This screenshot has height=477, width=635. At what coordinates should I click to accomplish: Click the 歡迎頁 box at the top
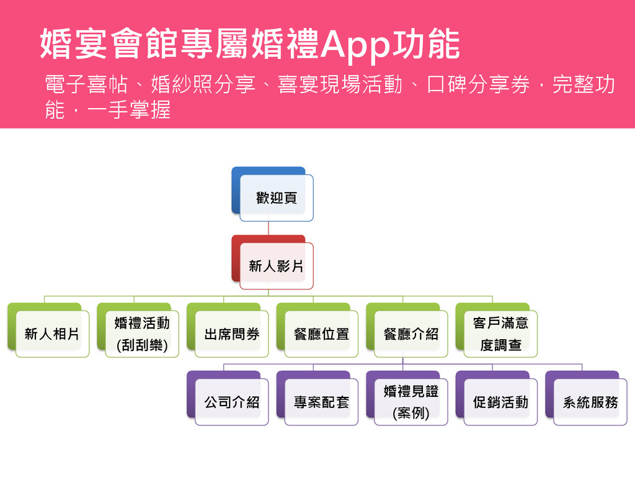[x=277, y=198]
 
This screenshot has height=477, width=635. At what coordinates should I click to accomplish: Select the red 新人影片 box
[x=277, y=266]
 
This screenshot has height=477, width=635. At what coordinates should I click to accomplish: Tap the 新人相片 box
[x=52, y=334]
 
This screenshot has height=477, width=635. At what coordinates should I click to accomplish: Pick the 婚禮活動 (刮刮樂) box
[x=142, y=334]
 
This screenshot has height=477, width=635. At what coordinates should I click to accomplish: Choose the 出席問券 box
[x=232, y=334]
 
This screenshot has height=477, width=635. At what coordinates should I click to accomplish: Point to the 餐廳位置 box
[x=321, y=334]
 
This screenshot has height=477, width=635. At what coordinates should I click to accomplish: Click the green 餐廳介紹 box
[x=411, y=334]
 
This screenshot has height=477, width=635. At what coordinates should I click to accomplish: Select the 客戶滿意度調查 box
[x=500, y=334]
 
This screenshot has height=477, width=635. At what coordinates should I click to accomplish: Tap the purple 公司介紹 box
[x=232, y=402]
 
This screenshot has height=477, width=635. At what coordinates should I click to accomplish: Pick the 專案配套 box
[x=321, y=402]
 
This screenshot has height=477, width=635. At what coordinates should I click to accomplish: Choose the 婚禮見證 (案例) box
[x=411, y=402]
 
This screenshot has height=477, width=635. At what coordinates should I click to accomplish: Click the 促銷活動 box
[x=500, y=402]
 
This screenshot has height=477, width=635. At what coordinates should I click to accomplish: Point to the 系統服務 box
[x=590, y=402]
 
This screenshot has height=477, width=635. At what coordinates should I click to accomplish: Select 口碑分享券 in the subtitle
[x=477, y=86]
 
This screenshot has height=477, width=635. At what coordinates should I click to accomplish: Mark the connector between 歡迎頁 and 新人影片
[x=269, y=228]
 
